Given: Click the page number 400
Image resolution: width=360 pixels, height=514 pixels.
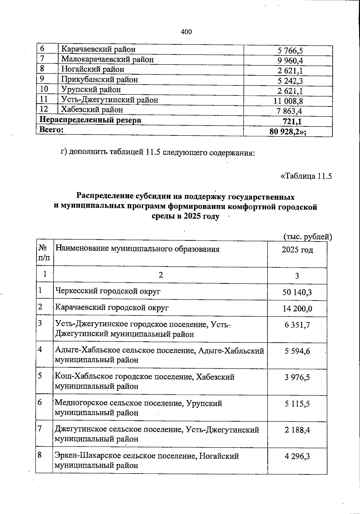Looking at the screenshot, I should tap(186, 32).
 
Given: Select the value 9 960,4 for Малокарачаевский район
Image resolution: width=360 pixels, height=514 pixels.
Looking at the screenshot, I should tap(290, 61).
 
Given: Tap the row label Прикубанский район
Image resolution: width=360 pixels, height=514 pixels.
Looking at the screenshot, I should tap(100, 79).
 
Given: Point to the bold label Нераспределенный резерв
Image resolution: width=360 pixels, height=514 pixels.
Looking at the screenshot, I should tap(90, 120).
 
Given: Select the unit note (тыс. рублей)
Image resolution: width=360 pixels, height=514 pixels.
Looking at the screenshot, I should tap(308, 237).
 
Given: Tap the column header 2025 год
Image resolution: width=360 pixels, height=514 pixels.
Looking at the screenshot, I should tap(297, 250).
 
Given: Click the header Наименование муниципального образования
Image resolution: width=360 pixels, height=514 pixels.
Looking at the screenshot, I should tap(138, 249).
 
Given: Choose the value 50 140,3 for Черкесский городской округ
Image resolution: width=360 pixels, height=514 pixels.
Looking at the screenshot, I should tap(297, 292).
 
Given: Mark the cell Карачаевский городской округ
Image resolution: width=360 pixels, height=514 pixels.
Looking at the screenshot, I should tap(112, 308).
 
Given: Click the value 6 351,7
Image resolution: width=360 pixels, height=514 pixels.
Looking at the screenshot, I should tap(297, 325).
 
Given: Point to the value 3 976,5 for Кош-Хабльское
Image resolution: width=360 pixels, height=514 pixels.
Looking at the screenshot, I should tap(297, 377).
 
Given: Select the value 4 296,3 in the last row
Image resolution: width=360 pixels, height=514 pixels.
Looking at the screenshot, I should tap(297, 456).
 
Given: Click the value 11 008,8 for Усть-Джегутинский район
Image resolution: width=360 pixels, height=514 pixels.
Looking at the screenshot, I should tap(288, 101).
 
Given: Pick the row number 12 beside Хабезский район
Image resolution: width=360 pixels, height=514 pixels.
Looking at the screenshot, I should tap(44, 109).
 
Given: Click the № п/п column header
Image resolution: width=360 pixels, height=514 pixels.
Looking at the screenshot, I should tap(44, 253).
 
